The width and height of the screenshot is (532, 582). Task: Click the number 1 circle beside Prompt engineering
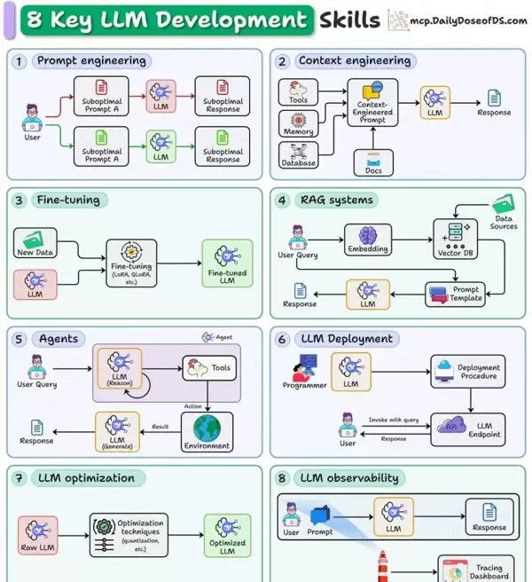coord(20,61)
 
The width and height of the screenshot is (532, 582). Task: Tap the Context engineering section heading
coord(354,61)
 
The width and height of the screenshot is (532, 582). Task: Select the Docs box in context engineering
coord(373,161)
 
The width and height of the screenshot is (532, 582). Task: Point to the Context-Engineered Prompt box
coord(372,100)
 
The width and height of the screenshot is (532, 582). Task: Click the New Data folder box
coord(36,242)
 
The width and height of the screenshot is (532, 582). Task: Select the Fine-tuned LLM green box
coord(227,263)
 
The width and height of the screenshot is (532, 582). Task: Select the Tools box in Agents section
coord(209,368)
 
